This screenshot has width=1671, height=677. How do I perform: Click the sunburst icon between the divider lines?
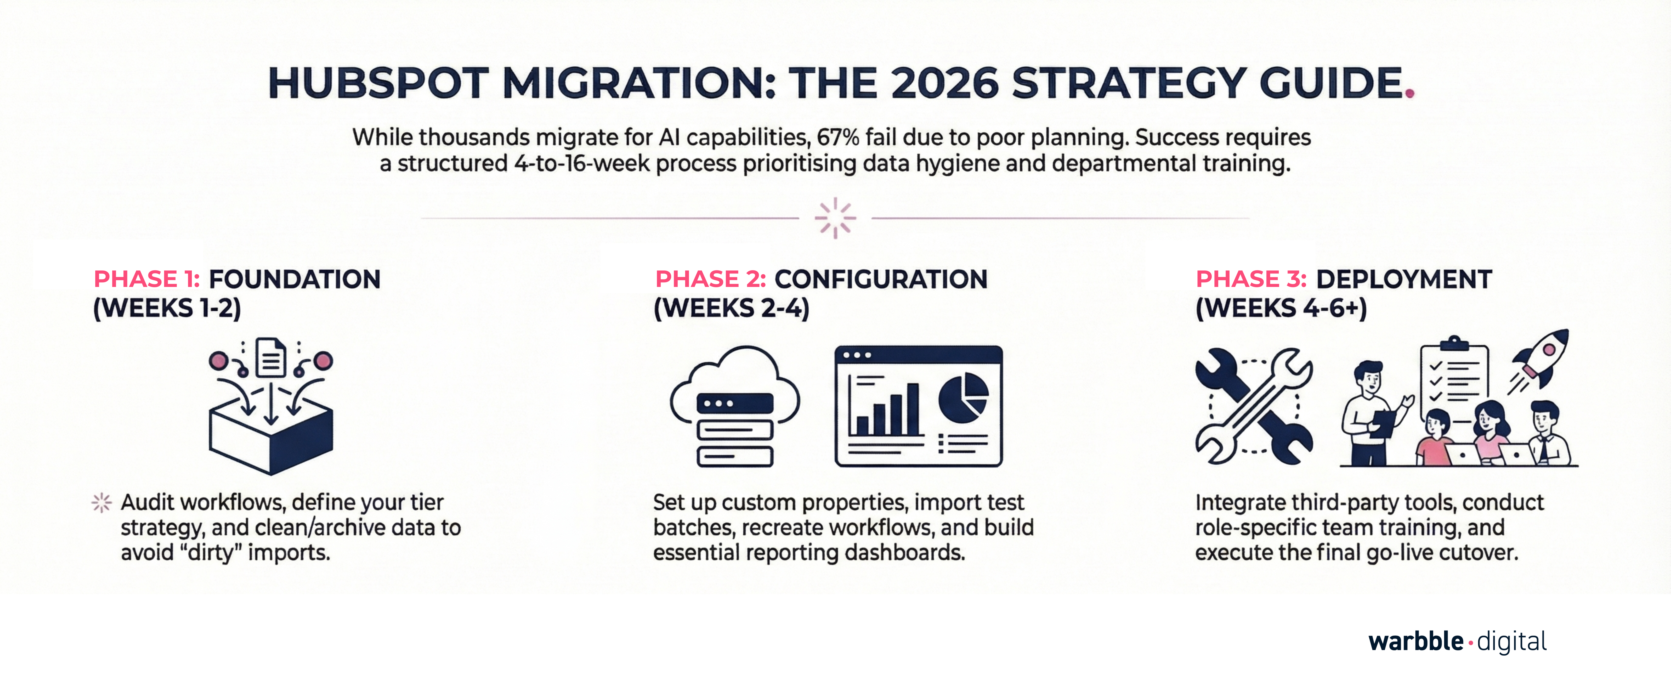click(x=835, y=218)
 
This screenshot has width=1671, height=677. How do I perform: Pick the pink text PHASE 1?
click(x=147, y=279)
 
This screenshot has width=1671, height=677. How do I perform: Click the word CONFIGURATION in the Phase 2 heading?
click(x=881, y=279)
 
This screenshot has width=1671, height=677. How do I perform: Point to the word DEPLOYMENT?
click(x=1404, y=279)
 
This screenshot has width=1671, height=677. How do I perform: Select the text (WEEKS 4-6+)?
click(x=1281, y=308)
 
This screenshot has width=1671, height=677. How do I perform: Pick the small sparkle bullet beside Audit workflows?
click(x=102, y=502)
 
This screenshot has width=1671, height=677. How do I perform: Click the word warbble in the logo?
click(x=1415, y=641)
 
